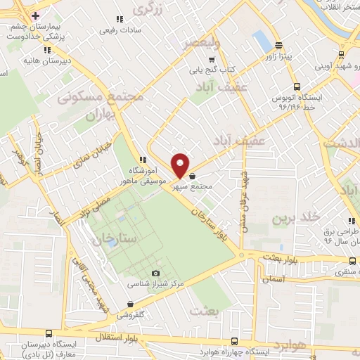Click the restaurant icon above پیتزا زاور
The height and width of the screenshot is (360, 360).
pyautogui.click(x=278, y=43)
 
